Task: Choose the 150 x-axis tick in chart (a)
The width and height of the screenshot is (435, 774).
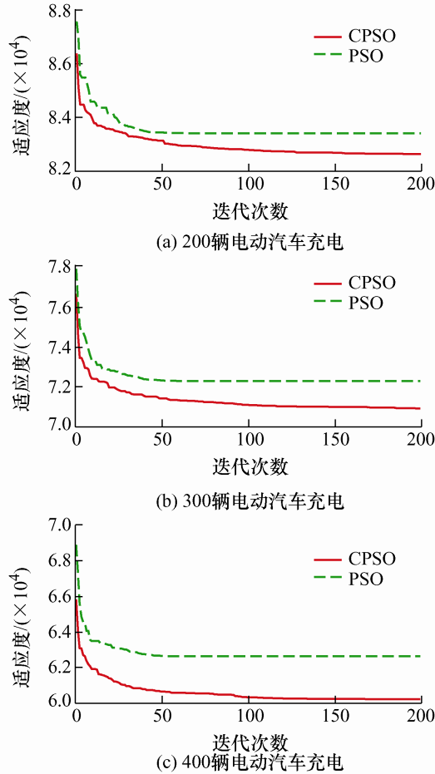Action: [335, 183]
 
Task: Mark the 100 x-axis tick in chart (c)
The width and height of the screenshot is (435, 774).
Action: [248, 714]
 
